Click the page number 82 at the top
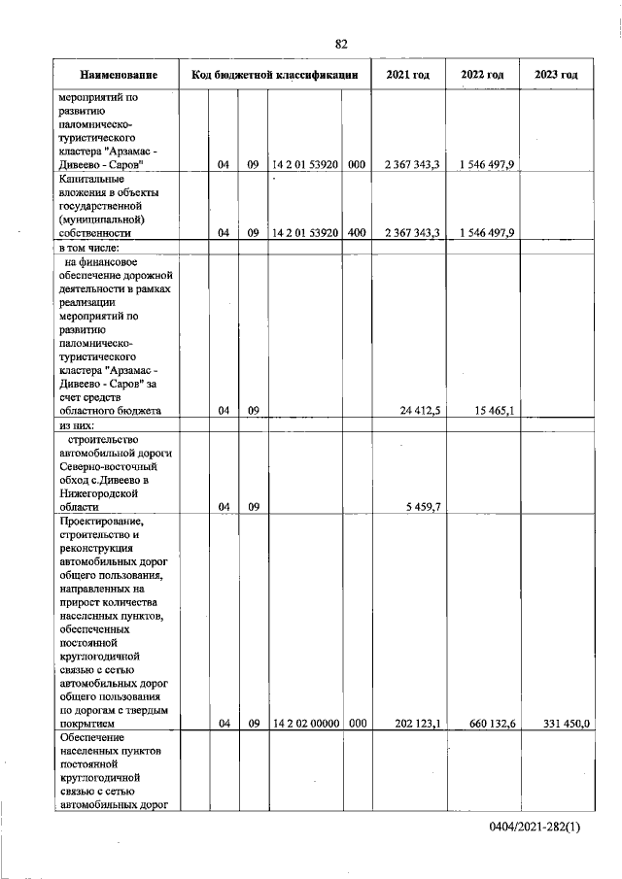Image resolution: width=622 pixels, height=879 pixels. [x=341, y=44]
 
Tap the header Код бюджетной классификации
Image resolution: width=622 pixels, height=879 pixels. [x=275, y=75]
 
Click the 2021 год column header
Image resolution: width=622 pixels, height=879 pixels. [x=408, y=75]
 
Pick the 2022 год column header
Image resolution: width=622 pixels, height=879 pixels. [x=482, y=75]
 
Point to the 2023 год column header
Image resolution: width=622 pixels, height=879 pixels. [x=556, y=75]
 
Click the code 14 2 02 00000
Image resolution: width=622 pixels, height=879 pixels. [x=305, y=724]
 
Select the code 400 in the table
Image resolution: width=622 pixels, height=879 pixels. [x=356, y=233]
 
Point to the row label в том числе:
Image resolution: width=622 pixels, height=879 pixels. [x=88, y=248]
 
